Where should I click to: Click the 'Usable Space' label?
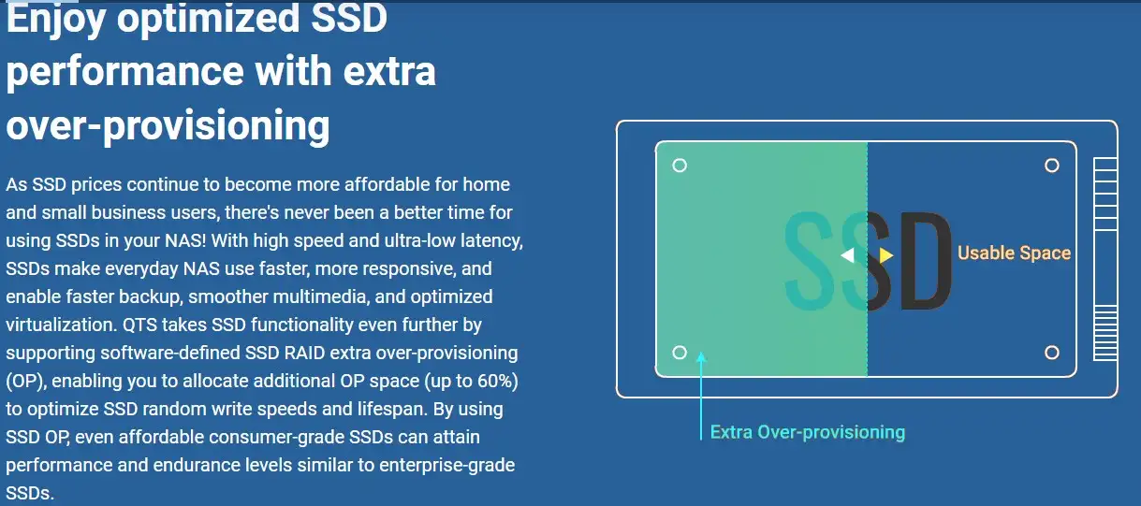[x=1014, y=253]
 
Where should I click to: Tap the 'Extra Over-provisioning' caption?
[x=808, y=432]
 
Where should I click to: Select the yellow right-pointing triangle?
[x=886, y=255]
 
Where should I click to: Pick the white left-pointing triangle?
[x=848, y=255]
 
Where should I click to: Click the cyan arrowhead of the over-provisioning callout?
[x=701, y=356]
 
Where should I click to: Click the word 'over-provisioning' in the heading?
[x=168, y=125]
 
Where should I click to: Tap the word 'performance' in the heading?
[x=124, y=72]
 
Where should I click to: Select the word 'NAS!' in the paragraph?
[x=185, y=240]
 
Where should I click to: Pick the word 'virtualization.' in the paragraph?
[x=62, y=325]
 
